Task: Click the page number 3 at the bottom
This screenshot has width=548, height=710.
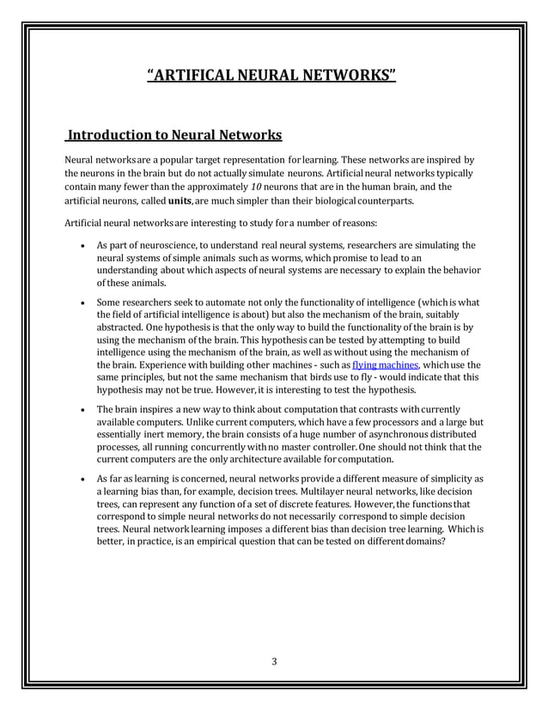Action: (x=273, y=660)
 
